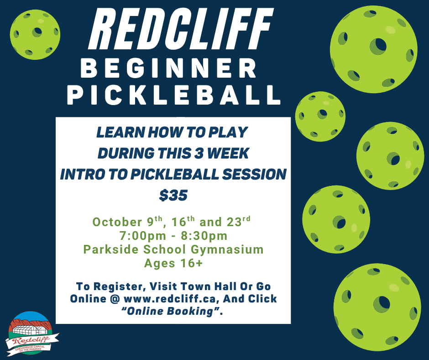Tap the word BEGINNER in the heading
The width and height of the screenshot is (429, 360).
(x=169, y=69)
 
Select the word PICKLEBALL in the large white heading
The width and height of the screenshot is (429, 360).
(x=174, y=95)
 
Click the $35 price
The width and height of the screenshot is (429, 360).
(x=173, y=196)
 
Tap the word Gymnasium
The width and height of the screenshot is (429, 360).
(x=227, y=249)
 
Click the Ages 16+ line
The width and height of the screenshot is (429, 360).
(x=173, y=263)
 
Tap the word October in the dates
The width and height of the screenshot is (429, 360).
(x=117, y=222)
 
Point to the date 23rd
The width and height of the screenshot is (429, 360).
(x=238, y=221)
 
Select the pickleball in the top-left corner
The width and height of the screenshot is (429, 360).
(x=35, y=35)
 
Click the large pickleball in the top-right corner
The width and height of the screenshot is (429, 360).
(x=374, y=49)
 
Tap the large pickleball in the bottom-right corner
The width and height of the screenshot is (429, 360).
(x=377, y=307)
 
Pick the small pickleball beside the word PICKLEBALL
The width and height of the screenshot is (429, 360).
(x=320, y=116)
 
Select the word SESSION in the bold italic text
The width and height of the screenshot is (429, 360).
(x=254, y=175)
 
